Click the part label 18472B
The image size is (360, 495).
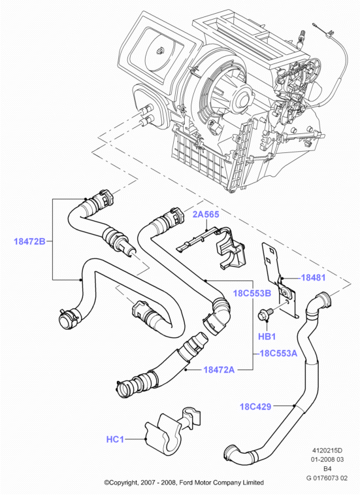coord(29,241)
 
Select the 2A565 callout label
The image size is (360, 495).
coord(206,214)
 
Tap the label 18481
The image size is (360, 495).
coord(313,278)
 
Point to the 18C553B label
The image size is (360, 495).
coord(252,294)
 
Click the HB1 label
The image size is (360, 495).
coord(267,337)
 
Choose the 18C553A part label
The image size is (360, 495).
coord(278,353)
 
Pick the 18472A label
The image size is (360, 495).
coord(219,369)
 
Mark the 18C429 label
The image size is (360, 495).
coord(255,407)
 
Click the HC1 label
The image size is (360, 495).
coord(115,439)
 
